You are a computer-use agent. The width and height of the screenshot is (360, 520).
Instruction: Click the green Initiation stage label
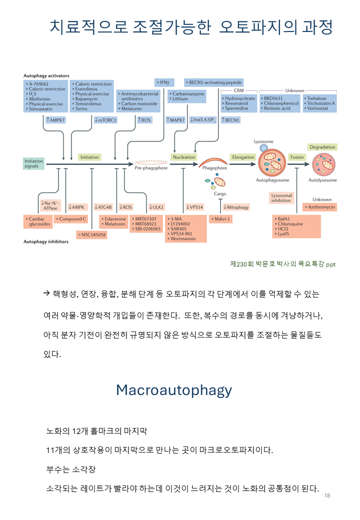(90, 157)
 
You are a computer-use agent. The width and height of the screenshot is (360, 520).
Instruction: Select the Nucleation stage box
(183, 157)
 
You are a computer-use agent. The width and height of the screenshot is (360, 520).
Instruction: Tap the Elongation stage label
(243, 157)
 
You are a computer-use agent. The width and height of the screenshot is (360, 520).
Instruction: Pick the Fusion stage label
(297, 157)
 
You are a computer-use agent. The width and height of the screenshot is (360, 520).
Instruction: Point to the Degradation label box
(322, 147)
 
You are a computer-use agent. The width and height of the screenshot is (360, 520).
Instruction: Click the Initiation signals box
(33, 163)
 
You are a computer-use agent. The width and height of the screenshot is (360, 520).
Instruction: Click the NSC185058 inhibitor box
(91, 234)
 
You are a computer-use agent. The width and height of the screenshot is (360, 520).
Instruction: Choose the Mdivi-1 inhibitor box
(221, 219)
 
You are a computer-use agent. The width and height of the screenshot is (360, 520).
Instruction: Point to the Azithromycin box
(320, 206)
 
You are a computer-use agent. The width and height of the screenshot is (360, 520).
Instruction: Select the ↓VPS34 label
(194, 206)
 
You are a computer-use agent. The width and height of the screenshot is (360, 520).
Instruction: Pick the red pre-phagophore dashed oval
(151, 163)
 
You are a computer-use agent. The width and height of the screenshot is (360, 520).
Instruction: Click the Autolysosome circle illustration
(322, 163)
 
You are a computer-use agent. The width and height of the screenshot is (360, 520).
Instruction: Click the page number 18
(327, 495)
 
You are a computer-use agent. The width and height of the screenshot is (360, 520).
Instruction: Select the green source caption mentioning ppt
(282, 264)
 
